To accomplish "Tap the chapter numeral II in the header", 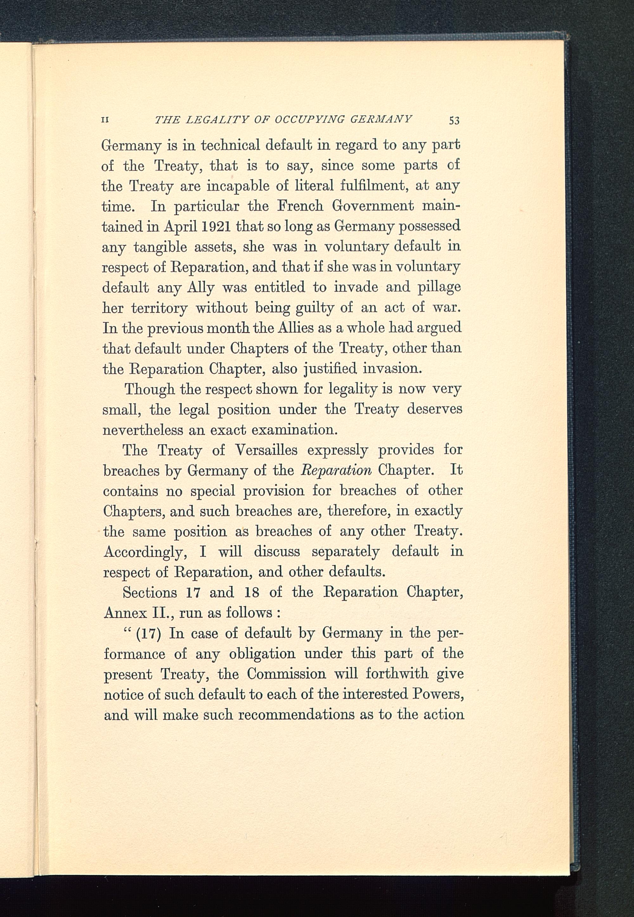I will click(x=106, y=120).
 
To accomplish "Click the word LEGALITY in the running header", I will click(x=217, y=119).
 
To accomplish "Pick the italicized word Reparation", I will click(x=336, y=470).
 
